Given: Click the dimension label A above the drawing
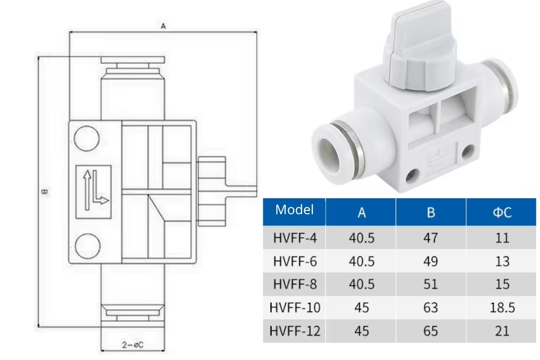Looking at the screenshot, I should click(164, 27).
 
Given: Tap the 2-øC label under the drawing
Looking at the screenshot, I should click(133, 345).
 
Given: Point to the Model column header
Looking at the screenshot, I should click(294, 210).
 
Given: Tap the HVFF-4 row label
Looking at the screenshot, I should click(295, 238).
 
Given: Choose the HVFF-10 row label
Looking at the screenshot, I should click(295, 308).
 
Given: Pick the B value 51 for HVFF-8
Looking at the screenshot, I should click(431, 284).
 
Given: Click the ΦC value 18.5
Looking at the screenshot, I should click(501, 308).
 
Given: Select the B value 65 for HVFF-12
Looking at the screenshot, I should click(431, 331).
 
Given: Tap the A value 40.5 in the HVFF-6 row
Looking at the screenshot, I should click(361, 261).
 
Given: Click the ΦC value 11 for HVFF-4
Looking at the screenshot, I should click(501, 238).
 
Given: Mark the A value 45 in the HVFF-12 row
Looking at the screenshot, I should click(361, 331).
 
